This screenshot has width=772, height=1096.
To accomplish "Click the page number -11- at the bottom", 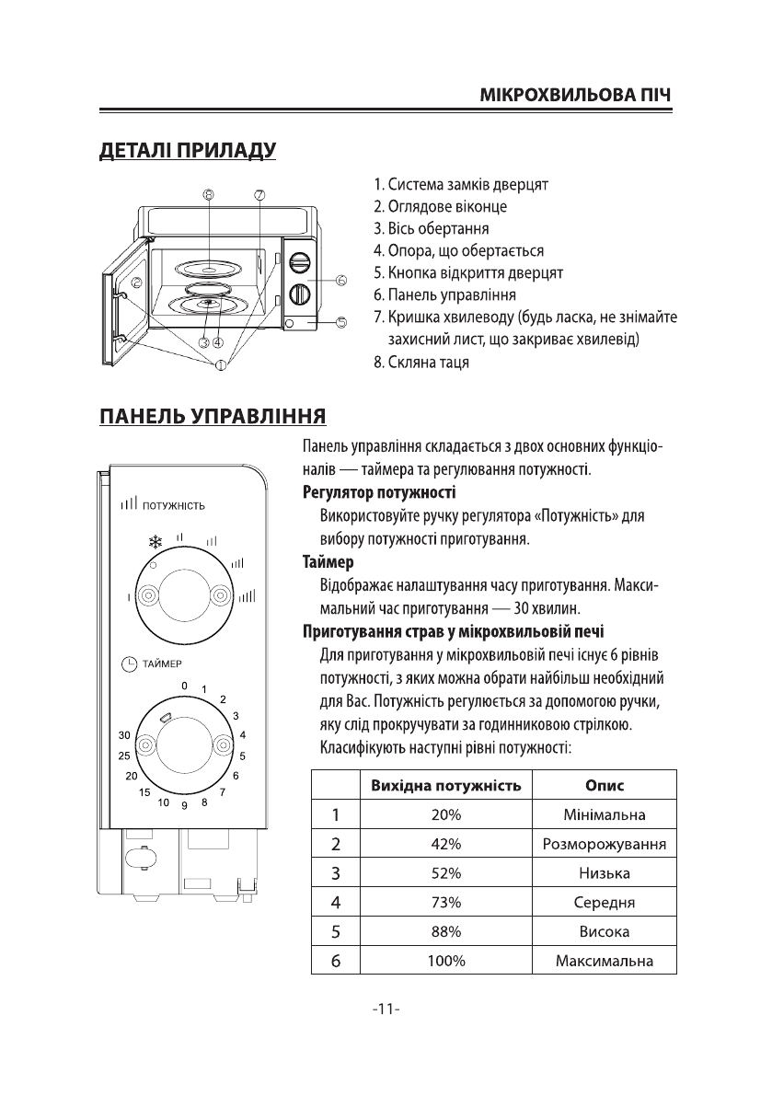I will click(386, 1009).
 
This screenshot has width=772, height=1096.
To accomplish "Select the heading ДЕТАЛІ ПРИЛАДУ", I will click(188, 150).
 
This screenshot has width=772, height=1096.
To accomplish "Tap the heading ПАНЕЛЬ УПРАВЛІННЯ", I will click(213, 416).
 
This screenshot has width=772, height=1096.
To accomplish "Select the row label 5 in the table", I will click(336, 932).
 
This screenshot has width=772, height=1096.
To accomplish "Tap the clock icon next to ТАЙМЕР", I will click(130, 663).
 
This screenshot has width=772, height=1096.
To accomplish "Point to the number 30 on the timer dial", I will click(125, 735).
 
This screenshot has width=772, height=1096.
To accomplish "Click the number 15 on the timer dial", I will click(144, 792).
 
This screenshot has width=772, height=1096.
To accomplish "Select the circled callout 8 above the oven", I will click(210, 195).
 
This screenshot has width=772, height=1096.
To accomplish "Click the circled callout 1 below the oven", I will click(221, 364).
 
